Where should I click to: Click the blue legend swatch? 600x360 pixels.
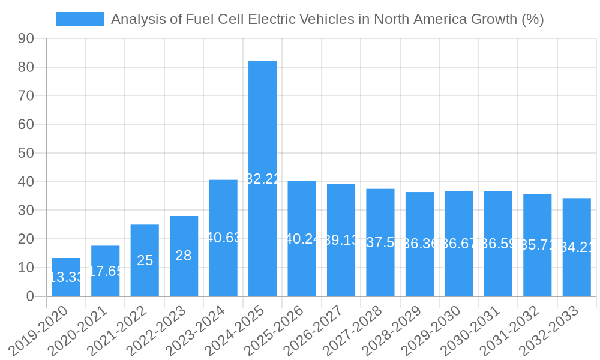pyautogui.click(x=79, y=19)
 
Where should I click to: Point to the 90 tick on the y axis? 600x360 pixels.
pyautogui.click(x=27, y=39)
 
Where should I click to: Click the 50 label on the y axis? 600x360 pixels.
pyautogui.click(x=27, y=153)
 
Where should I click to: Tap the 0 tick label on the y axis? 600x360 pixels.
pyautogui.click(x=31, y=296)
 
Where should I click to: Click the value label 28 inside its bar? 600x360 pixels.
pyautogui.click(x=184, y=256)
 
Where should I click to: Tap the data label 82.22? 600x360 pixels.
pyautogui.click(x=263, y=179)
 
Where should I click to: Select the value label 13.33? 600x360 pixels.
pyautogui.click(x=66, y=277)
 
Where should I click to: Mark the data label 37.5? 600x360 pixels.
pyautogui.click(x=380, y=242)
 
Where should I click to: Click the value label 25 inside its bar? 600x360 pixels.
pyautogui.click(x=145, y=260)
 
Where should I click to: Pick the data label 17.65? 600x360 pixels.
pyautogui.click(x=106, y=271)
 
